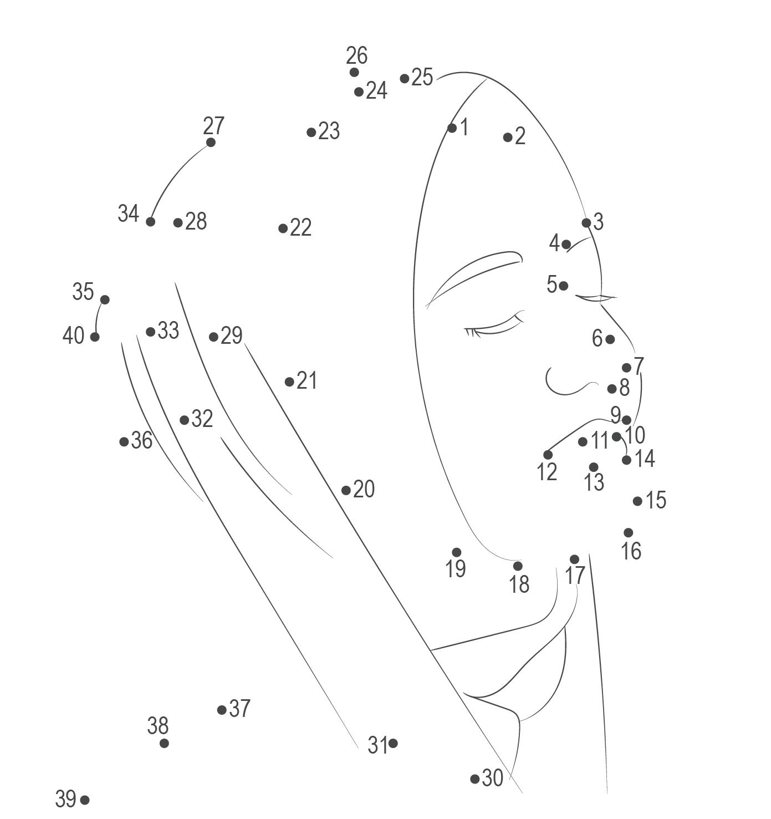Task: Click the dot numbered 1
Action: (452, 128)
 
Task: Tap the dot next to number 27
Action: (211, 143)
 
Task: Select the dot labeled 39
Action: (84, 800)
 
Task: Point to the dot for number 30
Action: (474, 779)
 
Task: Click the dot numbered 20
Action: (346, 490)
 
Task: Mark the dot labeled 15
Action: (637, 501)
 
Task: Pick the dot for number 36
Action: (124, 442)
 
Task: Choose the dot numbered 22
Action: (283, 228)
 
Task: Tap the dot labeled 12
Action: (548, 455)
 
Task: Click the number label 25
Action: (422, 77)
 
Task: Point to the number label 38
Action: (158, 725)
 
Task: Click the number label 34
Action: (128, 213)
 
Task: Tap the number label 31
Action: (377, 745)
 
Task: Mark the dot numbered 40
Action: (95, 337)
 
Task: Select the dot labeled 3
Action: (586, 223)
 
